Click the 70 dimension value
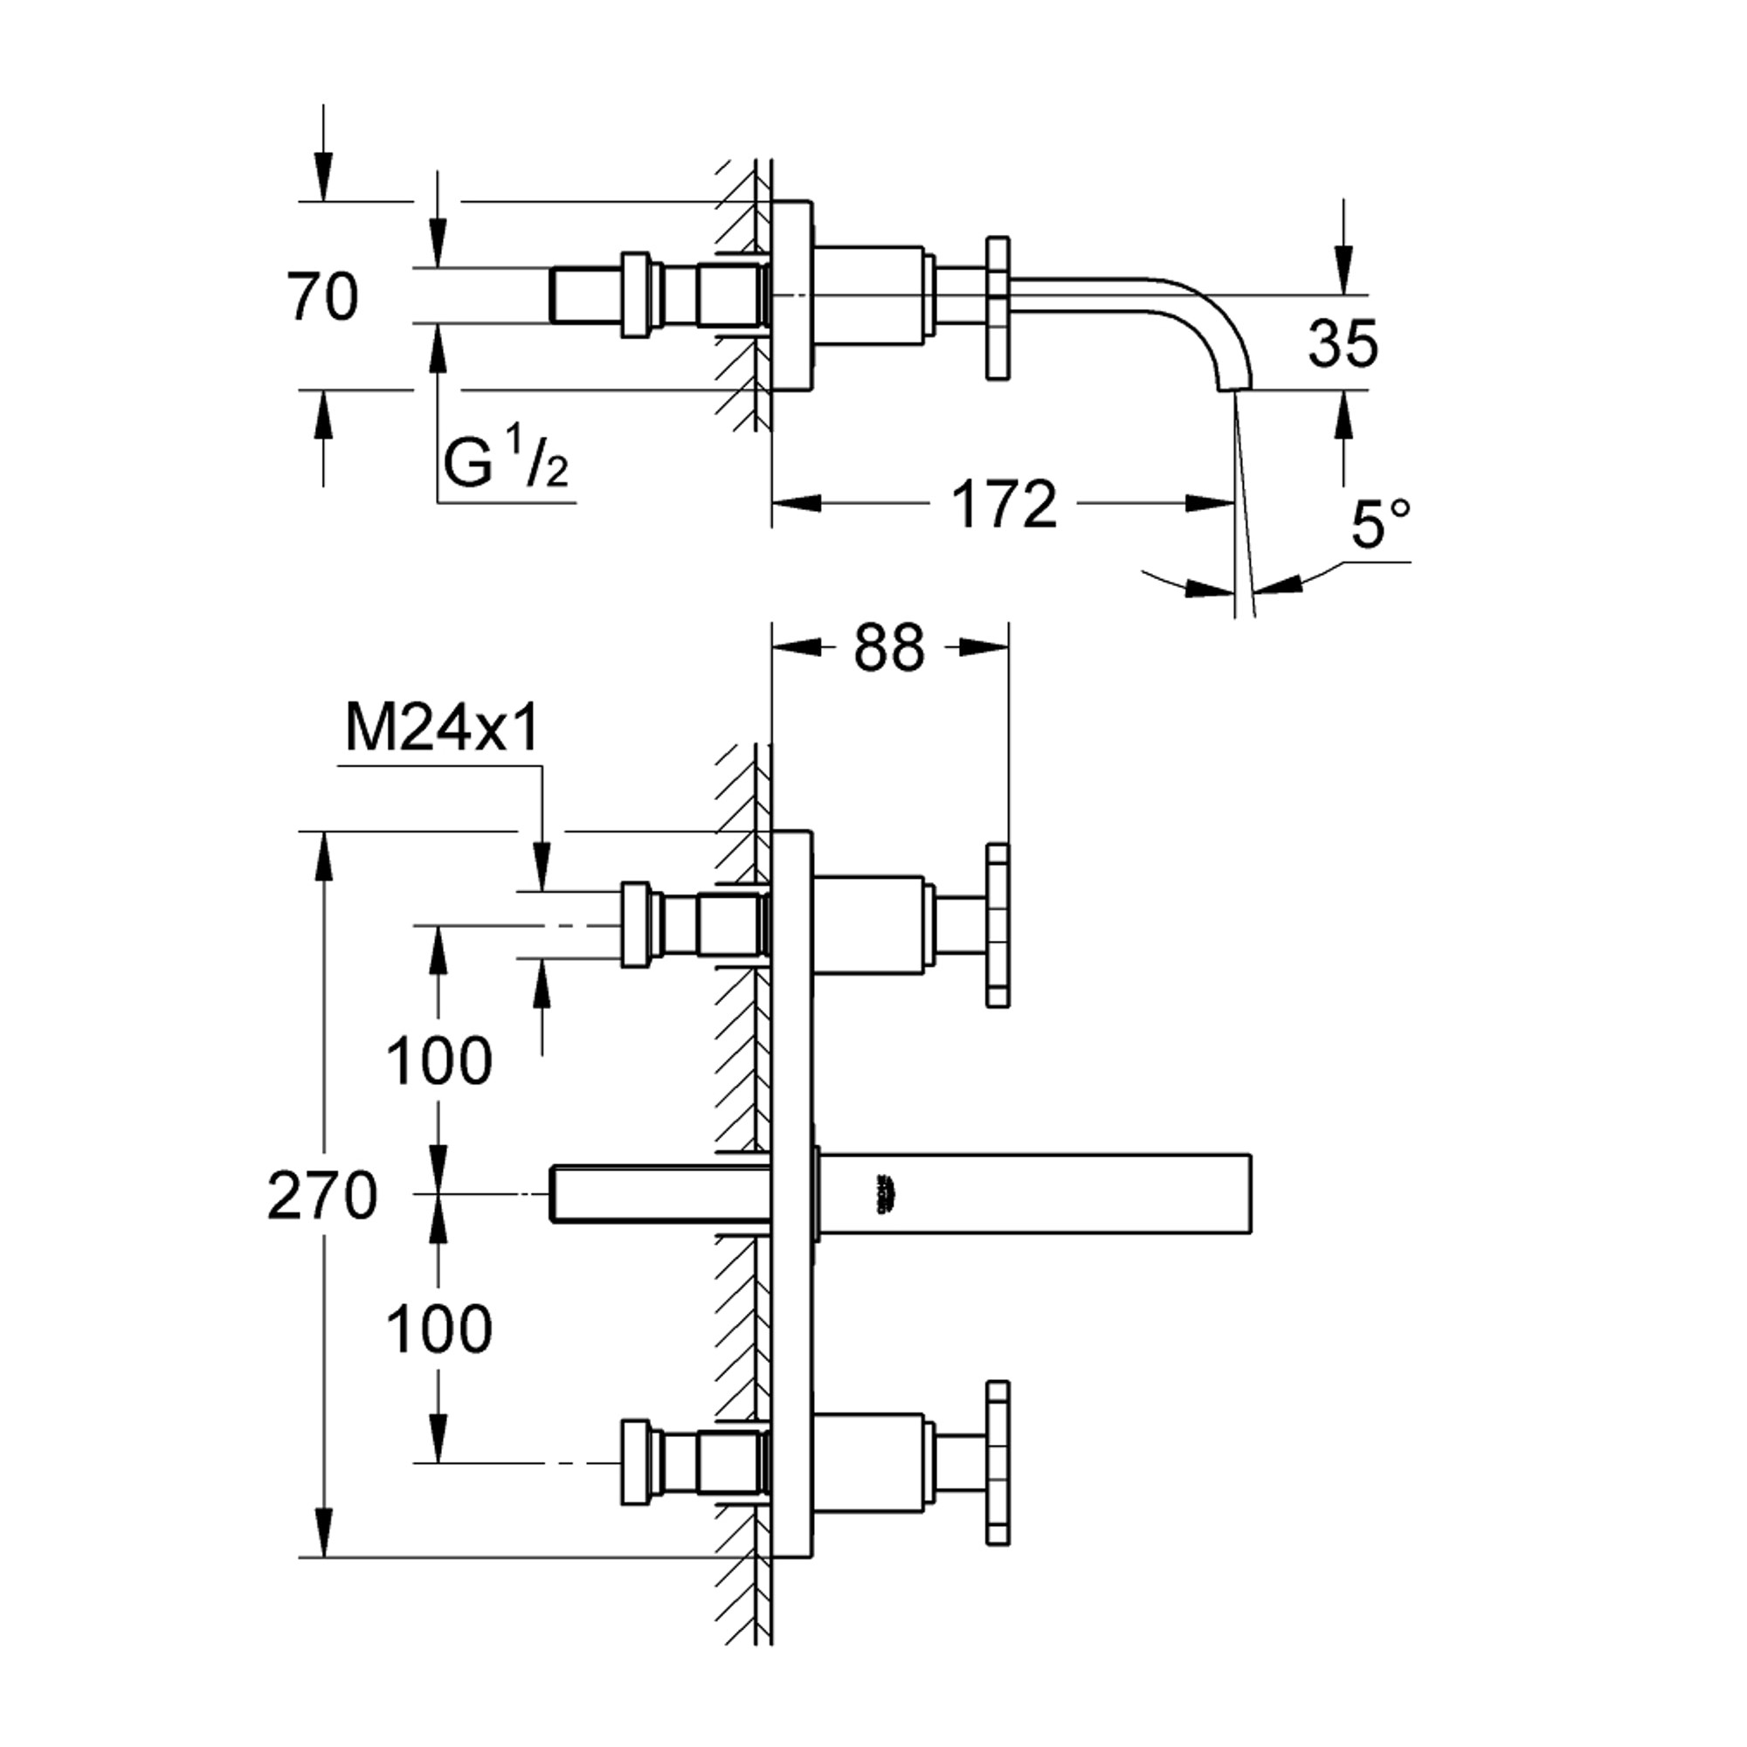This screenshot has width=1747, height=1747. pyautogui.click(x=323, y=297)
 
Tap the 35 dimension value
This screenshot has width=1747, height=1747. pyautogui.click(x=1343, y=342)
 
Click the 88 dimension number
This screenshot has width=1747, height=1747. pyautogui.click(x=889, y=647)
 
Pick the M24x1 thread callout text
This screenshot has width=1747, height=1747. pyautogui.click(x=442, y=728)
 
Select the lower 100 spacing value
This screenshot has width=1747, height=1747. pyautogui.click(x=439, y=1329)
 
